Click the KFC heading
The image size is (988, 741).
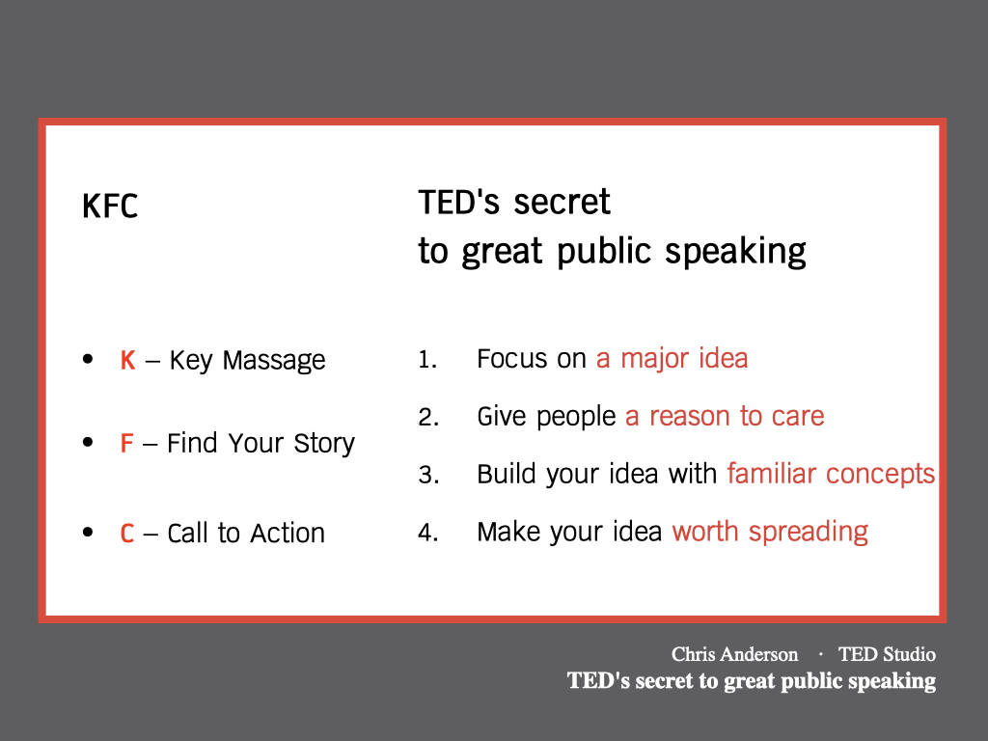[110, 206]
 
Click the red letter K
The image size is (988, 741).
[127, 361]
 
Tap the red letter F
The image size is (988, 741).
[126, 443]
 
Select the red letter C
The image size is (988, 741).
[126, 533]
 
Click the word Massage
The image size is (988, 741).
[273, 361]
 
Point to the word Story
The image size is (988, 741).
[324, 444]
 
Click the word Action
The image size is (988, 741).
[288, 533]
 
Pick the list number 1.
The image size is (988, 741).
[427, 359]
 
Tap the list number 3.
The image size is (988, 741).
[428, 475]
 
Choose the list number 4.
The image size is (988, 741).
[428, 533]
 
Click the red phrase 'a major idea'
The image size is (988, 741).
[672, 359]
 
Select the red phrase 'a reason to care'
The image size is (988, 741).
[725, 417]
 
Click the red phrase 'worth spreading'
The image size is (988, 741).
[770, 533]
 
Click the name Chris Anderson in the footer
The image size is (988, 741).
[734, 654]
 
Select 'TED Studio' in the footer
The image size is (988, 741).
[887, 654]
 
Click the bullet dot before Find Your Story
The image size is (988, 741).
[88, 442]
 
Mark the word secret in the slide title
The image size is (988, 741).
[562, 203]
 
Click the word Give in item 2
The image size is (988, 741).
[501, 417]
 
